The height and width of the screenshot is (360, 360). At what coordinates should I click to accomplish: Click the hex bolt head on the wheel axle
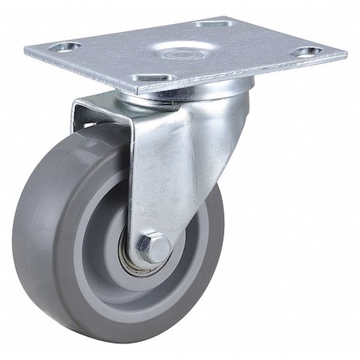[155, 247]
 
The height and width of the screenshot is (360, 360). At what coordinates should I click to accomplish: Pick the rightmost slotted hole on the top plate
[306, 52]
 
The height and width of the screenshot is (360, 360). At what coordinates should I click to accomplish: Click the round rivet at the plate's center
[186, 50]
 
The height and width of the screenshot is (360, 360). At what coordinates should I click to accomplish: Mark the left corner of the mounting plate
[26, 50]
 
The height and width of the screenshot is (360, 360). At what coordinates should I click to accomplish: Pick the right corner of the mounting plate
[346, 58]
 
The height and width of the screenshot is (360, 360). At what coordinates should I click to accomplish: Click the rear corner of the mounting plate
[226, 14]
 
